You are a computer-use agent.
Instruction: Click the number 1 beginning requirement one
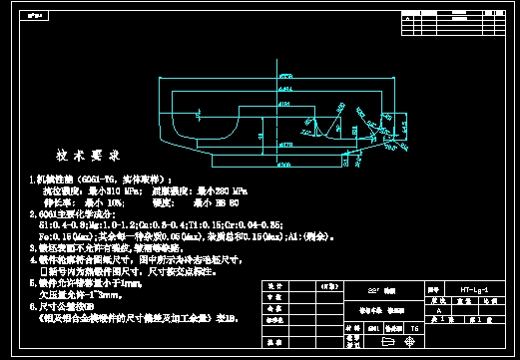[31, 178]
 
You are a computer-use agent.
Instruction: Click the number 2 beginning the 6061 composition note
[31, 213]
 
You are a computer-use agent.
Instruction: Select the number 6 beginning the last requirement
[31, 307]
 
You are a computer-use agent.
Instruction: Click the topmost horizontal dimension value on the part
[284, 74]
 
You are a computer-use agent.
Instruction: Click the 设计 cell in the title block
[274, 286]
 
